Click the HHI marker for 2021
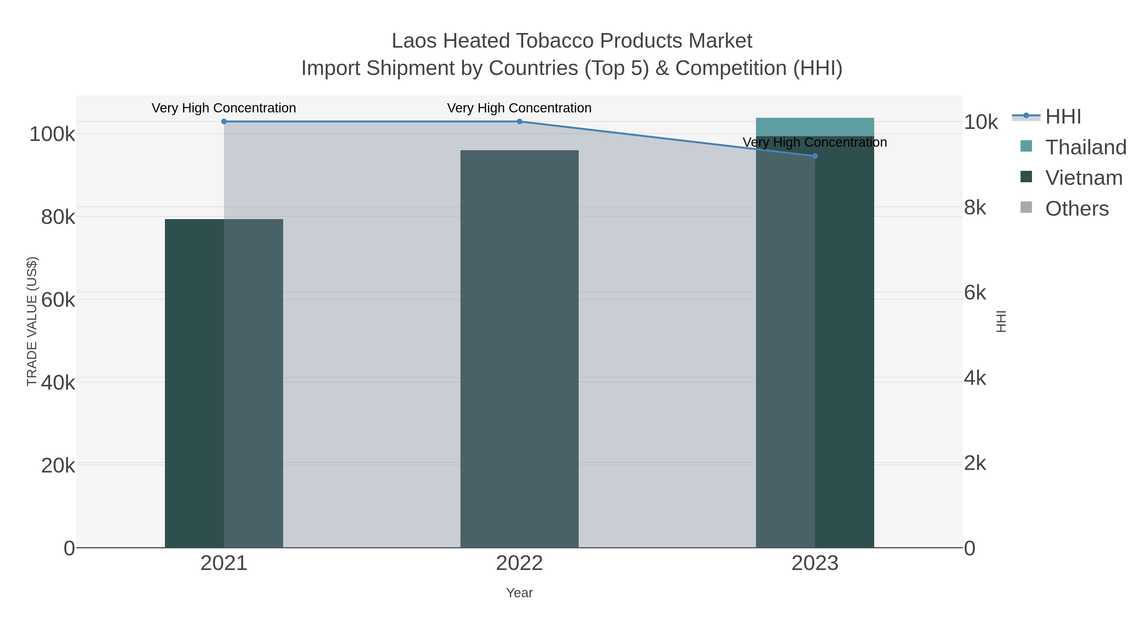pyautogui.click(x=224, y=122)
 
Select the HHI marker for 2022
pyautogui.click(x=519, y=122)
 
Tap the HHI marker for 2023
pyautogui.click(x=814, y=156)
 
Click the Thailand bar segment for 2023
pyautogui.click(x=814, y=127)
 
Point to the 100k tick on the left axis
pyautogui.click(x=52, y=134)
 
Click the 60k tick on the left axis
pyautogui.click(x=58, y=300)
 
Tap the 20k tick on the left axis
pyautogui.click(x=58, y=466)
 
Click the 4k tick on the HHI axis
pyautogui.click(x=975, y=378)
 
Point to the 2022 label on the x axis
pyautogui.click(x=519, y=564)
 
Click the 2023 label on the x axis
pyautogui.click(x=814, y=564)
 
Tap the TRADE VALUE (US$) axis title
pyautogui.click(x=32, y=321)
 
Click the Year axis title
pyautogui.click(x=519, y=593)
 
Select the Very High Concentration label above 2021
pyautogui.click(x=224, y=108)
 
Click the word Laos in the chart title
pyautogui.click(x=414, y=41)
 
